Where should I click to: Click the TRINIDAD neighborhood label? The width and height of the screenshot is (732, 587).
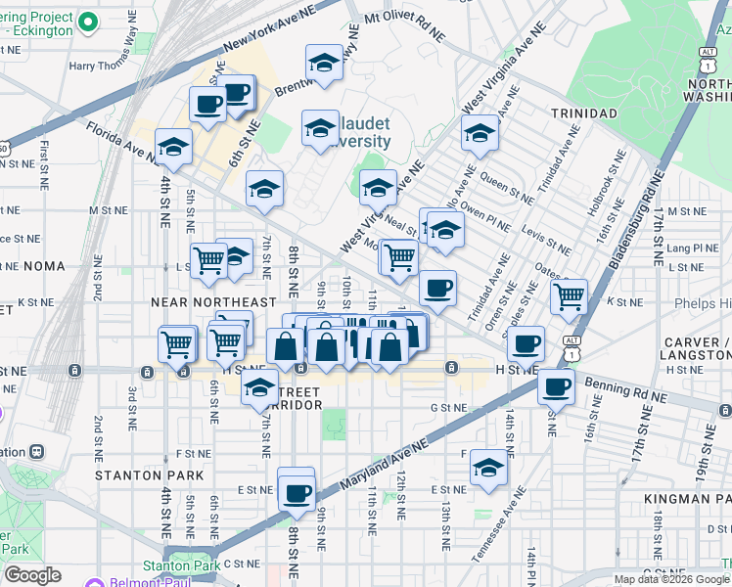[x=583, y=113]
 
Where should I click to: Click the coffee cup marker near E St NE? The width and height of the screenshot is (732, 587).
[x=297, y=491]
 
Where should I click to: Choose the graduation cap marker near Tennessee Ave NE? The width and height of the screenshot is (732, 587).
[x=488, y=468]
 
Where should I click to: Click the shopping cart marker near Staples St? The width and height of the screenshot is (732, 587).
[x=569, y=295]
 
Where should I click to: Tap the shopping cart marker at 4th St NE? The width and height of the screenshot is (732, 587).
[x=177, y=344]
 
